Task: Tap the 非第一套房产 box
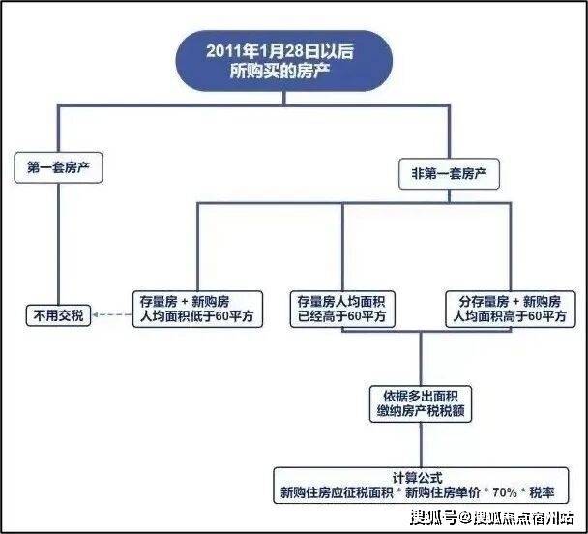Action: click(449, 174)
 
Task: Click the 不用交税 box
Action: click(58, 315)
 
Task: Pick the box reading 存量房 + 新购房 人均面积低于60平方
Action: click(198, 308)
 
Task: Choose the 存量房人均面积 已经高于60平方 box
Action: click(343, 308)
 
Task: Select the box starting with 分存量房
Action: click(511, 308)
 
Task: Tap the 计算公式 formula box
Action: click(422, 483)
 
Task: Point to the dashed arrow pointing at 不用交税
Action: click(111, 315)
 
